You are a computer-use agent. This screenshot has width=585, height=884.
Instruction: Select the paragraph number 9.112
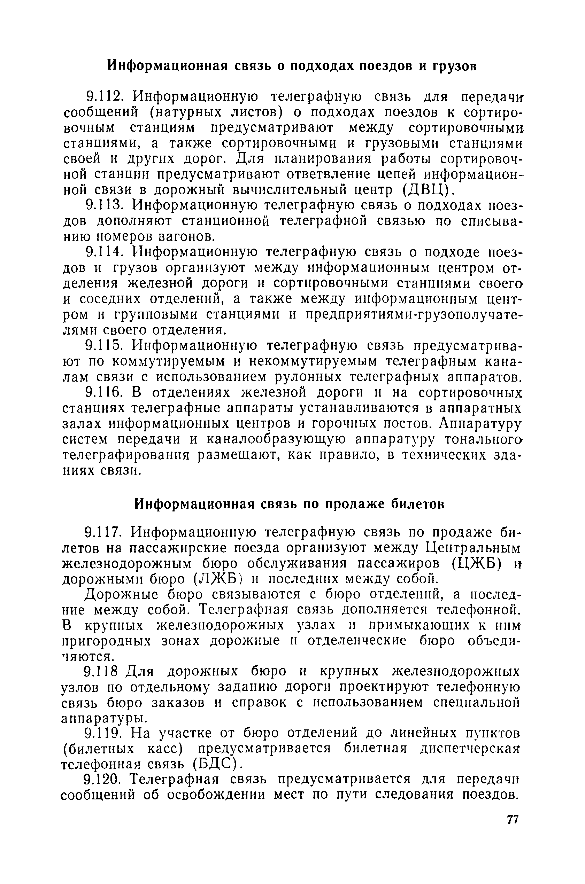105,97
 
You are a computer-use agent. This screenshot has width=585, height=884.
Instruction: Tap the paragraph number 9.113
105,205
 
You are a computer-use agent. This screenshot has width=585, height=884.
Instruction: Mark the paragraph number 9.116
105,393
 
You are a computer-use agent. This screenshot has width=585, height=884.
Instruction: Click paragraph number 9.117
105,533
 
